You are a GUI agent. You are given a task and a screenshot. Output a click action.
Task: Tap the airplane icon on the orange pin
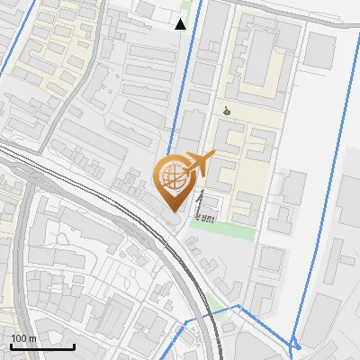[x=199, y=163]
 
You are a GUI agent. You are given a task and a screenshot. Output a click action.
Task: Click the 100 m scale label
[x=22, y=338]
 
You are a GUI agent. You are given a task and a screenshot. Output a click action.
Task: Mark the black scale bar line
[x=42, y=346]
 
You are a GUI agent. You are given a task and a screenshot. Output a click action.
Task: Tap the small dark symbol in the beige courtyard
[x=227, y=111]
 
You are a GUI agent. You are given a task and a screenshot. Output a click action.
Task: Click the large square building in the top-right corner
[x=319, y=51]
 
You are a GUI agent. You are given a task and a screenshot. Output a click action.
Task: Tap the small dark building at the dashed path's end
[x=210, y=217]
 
